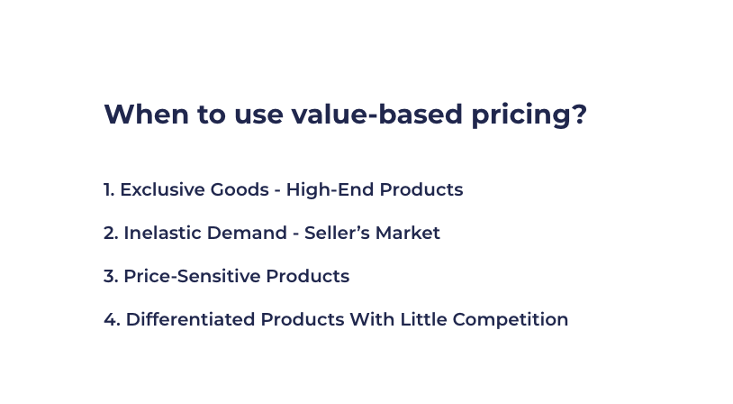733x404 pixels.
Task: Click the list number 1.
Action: point(108,190)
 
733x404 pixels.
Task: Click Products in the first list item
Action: point(421,190)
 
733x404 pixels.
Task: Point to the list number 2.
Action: point(110,234)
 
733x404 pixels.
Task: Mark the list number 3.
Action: point(110,277)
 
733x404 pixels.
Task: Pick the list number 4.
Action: point(110,320)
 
